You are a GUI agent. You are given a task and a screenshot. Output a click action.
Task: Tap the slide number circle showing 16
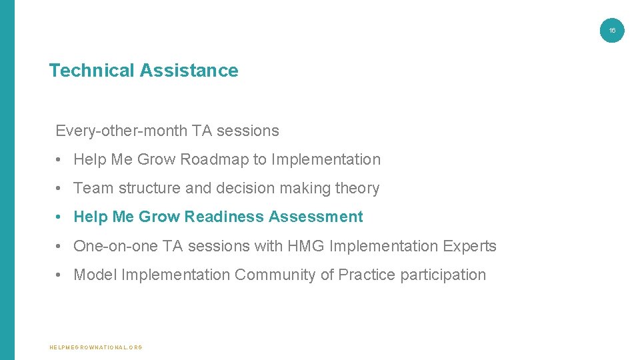pos(612,30)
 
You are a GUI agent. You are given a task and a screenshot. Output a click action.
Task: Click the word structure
pos(150,189)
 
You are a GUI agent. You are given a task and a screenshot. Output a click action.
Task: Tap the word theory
pos(357,189)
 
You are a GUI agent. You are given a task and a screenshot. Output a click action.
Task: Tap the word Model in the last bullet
pos(95,275)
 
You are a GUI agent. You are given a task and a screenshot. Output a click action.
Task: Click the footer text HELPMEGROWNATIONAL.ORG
pos(96,347)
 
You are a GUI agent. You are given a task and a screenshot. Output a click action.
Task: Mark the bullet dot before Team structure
pos(59,189)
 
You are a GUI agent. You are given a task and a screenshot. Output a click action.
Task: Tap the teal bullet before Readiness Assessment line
pos(59,217)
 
